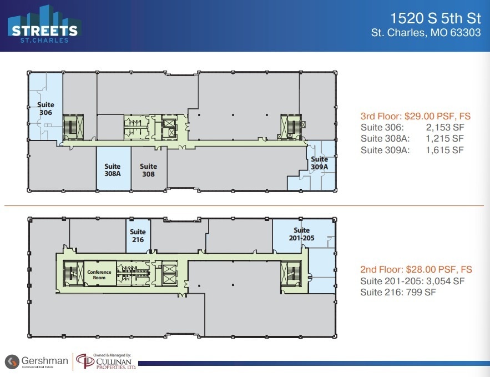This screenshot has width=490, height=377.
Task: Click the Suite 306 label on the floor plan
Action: click(46, 108)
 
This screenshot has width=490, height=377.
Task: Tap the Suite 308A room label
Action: click(113, 170)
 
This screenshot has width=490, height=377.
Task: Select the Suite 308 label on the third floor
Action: click(148, 170)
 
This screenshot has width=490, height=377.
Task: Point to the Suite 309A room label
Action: click(319, 163)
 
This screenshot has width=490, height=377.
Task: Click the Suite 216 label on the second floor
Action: click(138, 236)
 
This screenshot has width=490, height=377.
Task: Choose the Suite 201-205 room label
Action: click(301, 234)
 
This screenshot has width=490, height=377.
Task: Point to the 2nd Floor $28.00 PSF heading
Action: click(416, 269)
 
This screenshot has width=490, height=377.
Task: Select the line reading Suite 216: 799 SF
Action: click(398, 292)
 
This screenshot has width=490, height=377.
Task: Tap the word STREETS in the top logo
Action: click(42, 30)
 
